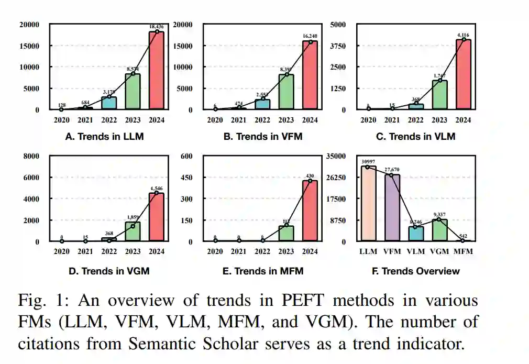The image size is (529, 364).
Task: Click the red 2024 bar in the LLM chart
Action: point(157,71)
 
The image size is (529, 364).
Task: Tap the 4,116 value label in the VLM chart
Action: point(464,35)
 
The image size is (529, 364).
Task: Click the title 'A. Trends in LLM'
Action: point(104,137)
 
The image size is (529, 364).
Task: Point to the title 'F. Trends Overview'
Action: point(416,271)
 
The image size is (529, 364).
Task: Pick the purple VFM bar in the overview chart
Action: point(392,208)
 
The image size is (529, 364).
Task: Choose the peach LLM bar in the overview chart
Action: point(368,204)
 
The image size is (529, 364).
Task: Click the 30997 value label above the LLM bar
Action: point(369,162)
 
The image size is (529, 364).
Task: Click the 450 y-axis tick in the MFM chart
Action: point(186,178)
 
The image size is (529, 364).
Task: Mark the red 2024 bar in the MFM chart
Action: point(310,211)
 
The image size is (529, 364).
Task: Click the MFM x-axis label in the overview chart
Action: point(462,251)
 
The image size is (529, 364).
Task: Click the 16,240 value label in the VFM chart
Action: point(310,36)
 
